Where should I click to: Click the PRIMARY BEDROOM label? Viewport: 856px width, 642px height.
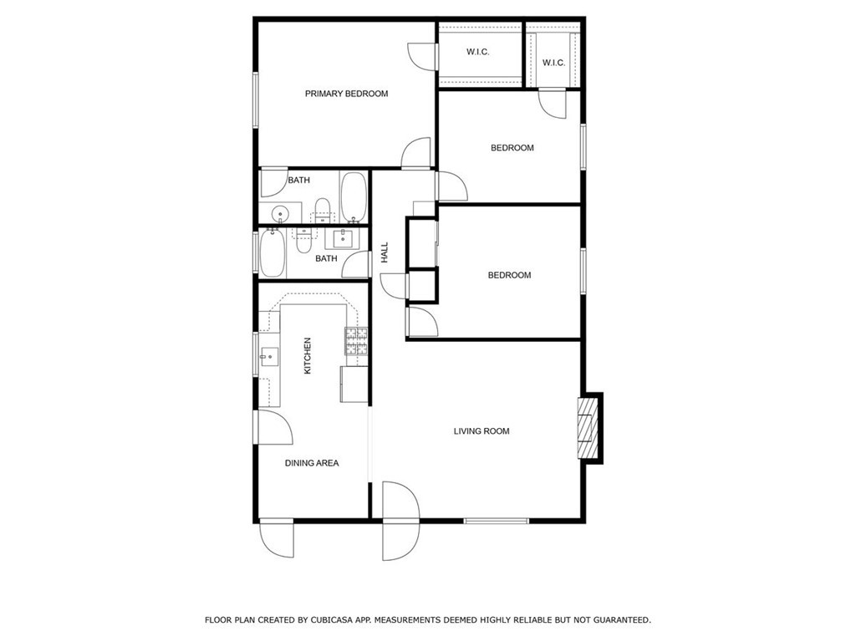coord(346,94)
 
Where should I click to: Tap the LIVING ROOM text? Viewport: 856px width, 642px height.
coord(481,431)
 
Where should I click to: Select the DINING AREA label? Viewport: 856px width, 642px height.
coord(312,463)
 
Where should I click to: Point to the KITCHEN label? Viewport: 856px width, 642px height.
coord(308,356)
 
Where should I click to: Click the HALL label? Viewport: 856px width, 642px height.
coord(385,252)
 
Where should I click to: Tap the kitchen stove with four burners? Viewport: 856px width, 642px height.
coord(356,341)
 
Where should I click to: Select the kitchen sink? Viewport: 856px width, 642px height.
coord(268,357)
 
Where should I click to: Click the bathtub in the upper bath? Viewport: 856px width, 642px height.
coord(354,197)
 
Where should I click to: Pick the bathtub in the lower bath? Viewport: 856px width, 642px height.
coord(273,253)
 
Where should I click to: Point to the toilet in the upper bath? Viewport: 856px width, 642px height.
coord(323,210)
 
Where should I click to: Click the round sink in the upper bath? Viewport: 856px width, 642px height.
coord(280,213)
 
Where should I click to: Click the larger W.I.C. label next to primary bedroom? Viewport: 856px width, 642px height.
coord(477,53)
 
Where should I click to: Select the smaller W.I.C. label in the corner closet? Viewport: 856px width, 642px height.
coord(553,64)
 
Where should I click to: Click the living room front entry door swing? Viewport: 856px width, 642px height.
coord(400,521)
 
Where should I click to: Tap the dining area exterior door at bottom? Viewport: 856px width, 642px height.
coord(276,538)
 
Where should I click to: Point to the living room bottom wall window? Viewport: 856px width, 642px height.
coord(497,522)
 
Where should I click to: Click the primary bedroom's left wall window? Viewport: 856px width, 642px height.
coord(255,100)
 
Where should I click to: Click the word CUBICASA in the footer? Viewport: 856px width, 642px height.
coord(331,620)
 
